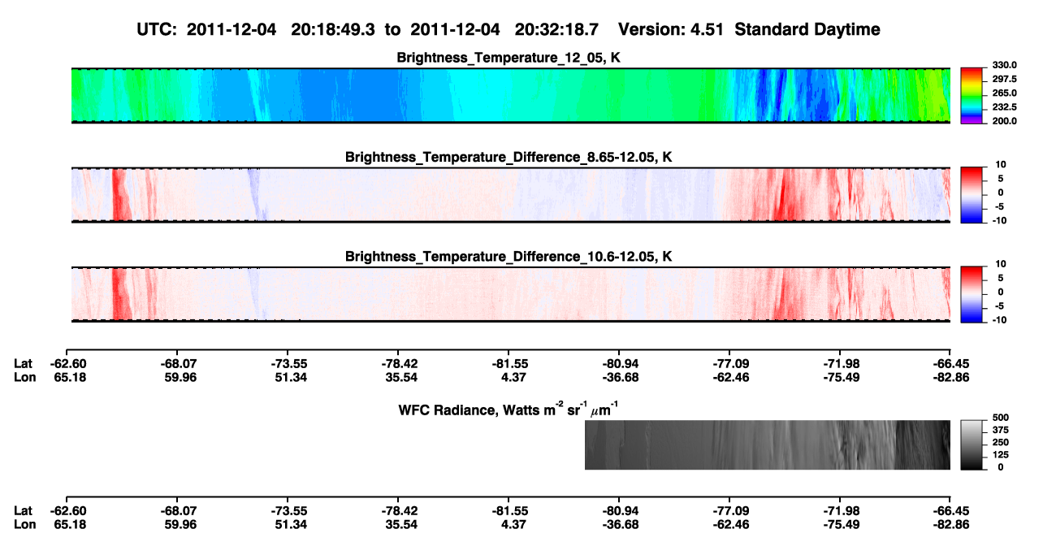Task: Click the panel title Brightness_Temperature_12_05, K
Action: pyautogui.click(x=509, y=58)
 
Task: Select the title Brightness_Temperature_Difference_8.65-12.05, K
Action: pyautogui.click(x=509, y=157)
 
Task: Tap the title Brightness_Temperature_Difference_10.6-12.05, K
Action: pyautogui.click(x=509, y=257)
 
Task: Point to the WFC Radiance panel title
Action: pyautogui.click(x=509, y=410)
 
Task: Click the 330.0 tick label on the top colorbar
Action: pyautogui.click(x=1004, y=65)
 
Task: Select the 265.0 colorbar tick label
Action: pyautogui.click(x=1004, y=93)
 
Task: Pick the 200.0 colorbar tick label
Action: pyautogui.click(x=1004, y=121)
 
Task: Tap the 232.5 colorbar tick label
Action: pyautogui.click(x=1004, y=107)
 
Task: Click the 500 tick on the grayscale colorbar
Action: pyautogui.click(x=1001, y=418)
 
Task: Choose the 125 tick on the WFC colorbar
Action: pyautogui.click(x=1001, y=455)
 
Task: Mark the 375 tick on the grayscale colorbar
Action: pyautogui.click(x=1001, y=430)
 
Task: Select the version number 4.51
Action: pyautogui.click(x=707, y=30)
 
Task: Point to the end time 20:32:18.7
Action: pyautogui.click(x=556, y=30)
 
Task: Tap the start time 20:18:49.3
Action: pyautogui.click(x=333, y=30)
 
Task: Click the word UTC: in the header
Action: pyautogui.click(x=157, y=30)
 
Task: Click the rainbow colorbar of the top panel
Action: pyautogui.click(x=972, y=96)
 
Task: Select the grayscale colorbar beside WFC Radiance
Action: pyautogui.click(x=972, y=444)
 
